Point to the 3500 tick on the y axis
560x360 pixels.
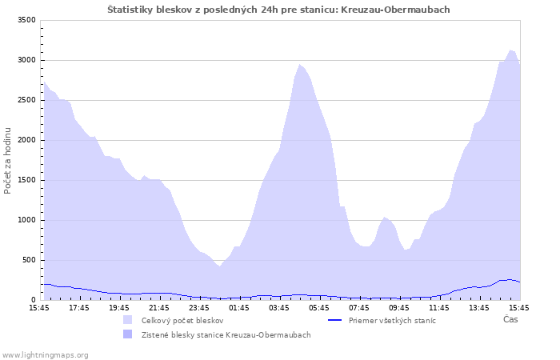[x=26, y=20]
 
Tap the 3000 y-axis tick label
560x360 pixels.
[x=26, y=60]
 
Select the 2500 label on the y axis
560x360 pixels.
[x=26, y=100]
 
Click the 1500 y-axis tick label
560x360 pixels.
[x=26, y=180]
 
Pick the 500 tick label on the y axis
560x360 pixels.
[x=29, y=260]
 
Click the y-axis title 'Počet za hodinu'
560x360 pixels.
[x=8, y=160]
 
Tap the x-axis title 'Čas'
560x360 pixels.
[x=510, y=319]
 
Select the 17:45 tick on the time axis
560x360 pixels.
[x=79, y=307]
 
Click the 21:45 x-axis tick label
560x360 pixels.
[x=159, y=307]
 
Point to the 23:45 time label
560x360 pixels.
[x=199, y=307]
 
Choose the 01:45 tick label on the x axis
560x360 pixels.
[x=239, y=307]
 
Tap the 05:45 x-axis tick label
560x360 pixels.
[x=319, y=307]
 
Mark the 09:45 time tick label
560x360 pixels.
[x=399, y=307]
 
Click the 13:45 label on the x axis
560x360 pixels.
[x=479, y=307]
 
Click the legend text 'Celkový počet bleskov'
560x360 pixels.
[x=182, y=320]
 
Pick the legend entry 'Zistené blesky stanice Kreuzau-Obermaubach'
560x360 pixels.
[x=226, y=334]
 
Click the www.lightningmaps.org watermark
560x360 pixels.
[x=46, y=354]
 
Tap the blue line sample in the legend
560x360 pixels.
[x=340, y=320]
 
